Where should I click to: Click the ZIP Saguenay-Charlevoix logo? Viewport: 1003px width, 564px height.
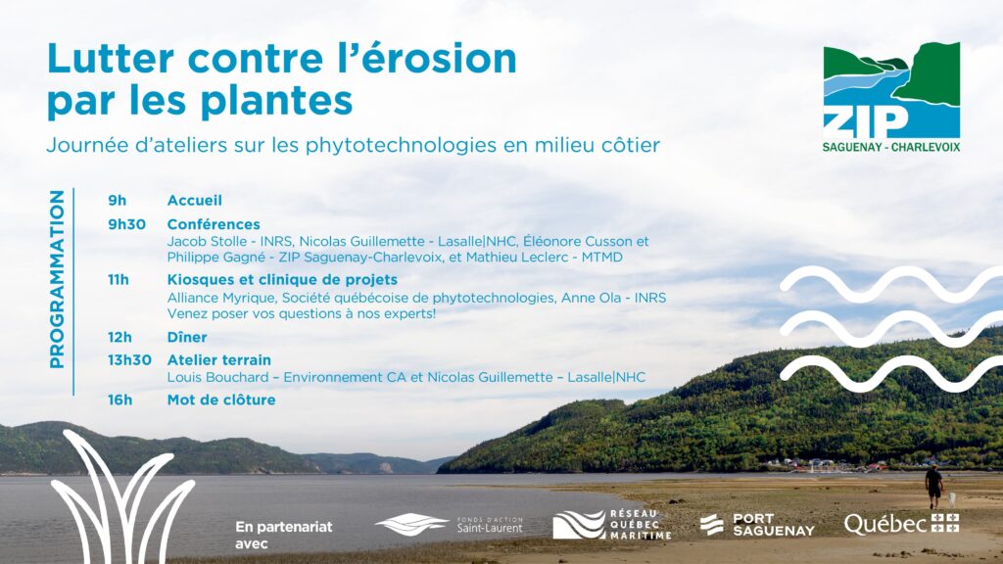coord(891,97)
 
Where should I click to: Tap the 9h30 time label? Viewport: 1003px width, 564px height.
coord(126,224)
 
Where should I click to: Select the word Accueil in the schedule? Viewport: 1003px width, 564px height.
coord(195,200)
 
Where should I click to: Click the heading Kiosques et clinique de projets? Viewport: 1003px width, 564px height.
coord(282,279)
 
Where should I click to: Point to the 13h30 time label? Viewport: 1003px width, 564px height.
coord(129,360)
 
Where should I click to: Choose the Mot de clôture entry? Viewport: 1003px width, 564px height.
coord(221,399)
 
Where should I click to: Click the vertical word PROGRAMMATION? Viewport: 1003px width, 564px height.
coord(57,279)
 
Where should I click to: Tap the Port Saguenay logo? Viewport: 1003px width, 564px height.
coord(757,525)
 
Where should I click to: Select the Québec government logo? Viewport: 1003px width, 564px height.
coord(901,524)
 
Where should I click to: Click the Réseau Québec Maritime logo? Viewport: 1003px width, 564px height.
coord(612,525)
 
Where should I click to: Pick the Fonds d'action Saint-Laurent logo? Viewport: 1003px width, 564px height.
coord(449,525)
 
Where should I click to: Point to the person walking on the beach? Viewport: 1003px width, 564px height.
coord(933,487)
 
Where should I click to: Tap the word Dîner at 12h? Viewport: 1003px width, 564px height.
coord(187,337)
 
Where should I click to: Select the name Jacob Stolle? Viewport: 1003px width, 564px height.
coord(207,242)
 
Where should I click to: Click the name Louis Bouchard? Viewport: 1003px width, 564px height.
coord(217,377)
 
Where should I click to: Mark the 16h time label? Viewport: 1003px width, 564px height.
coord(119,399)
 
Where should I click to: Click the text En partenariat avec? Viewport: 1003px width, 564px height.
coord(284,536)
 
